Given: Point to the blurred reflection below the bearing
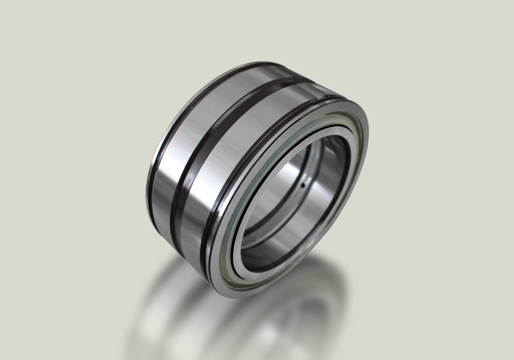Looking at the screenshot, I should [231, 319].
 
